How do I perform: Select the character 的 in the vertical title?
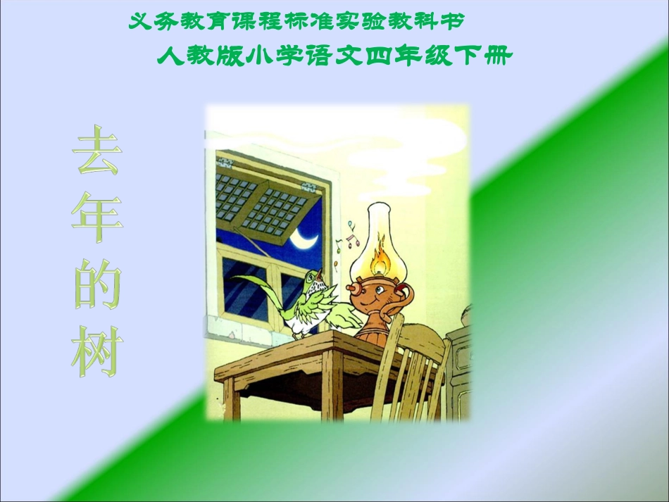point(96,286)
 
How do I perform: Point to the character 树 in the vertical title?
point(96,353)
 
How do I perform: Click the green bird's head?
point(313,278)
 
